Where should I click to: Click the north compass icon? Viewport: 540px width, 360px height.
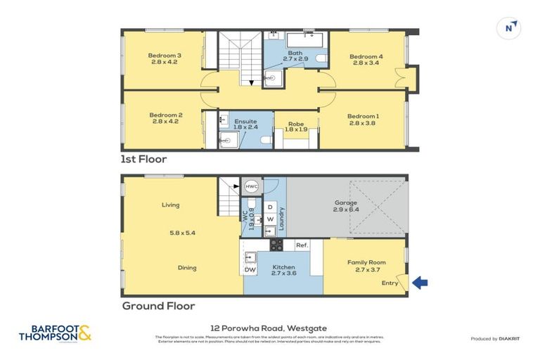510,28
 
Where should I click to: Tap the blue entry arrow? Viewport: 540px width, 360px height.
420,283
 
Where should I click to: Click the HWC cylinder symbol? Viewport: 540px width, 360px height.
252,187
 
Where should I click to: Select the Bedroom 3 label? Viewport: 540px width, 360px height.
165,56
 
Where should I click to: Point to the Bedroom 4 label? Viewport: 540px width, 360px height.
366,57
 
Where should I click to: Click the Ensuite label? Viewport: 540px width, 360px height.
245,121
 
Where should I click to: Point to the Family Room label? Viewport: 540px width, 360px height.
366,262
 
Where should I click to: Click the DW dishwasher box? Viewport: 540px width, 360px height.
250,270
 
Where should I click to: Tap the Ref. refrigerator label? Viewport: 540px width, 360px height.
302,245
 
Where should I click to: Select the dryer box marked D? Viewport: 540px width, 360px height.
270,207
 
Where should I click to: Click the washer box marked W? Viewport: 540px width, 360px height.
270,219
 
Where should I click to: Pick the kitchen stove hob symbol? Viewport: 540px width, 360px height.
276,245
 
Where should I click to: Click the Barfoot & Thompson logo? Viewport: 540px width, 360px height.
56,333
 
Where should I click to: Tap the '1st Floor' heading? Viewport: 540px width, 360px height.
143,160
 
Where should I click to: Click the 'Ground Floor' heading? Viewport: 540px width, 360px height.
158,306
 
